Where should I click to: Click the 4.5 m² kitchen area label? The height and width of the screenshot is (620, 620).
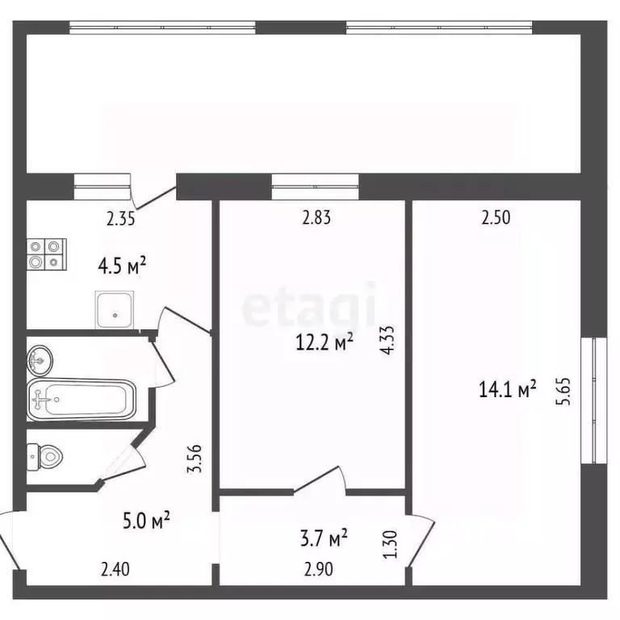click(122, 266)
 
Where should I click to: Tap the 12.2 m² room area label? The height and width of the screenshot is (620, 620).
click(325, 342)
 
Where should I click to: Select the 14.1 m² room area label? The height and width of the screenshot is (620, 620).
click(507, 388)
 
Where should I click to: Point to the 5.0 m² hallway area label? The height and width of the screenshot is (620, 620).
click(146, 520)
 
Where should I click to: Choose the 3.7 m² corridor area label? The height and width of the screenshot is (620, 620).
click(324, 538)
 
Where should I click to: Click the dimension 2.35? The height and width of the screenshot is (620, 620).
click(120, 219)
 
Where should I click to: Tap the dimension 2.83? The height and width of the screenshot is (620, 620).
click(316, 217)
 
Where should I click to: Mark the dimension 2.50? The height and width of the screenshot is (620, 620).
click(496, 217)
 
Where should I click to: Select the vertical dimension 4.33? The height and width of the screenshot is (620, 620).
click(387, 340)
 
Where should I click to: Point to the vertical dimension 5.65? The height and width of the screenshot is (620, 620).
click(563, 392)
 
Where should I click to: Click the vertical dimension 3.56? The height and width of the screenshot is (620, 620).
click(195, 459)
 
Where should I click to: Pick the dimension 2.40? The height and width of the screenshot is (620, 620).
click(115, 569)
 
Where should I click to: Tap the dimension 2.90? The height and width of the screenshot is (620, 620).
click(319, 569)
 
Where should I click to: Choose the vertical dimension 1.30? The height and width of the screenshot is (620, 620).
click(390, 544)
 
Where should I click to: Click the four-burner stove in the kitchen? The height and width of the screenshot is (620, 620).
click(47, 254)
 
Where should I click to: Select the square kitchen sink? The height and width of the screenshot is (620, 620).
click(115, 310)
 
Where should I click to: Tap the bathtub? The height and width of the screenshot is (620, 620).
click(82, 400)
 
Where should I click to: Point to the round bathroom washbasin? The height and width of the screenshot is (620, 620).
click(40, 360)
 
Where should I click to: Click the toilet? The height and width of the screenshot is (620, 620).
click(44, 457)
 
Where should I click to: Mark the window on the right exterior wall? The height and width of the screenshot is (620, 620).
click(594, 400)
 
